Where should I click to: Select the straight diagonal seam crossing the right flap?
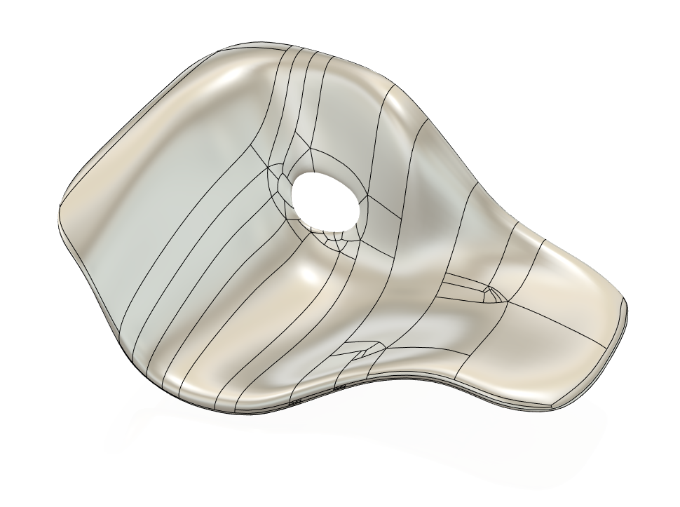tap(554, 323)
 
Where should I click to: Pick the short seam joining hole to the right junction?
tap(373, 205)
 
